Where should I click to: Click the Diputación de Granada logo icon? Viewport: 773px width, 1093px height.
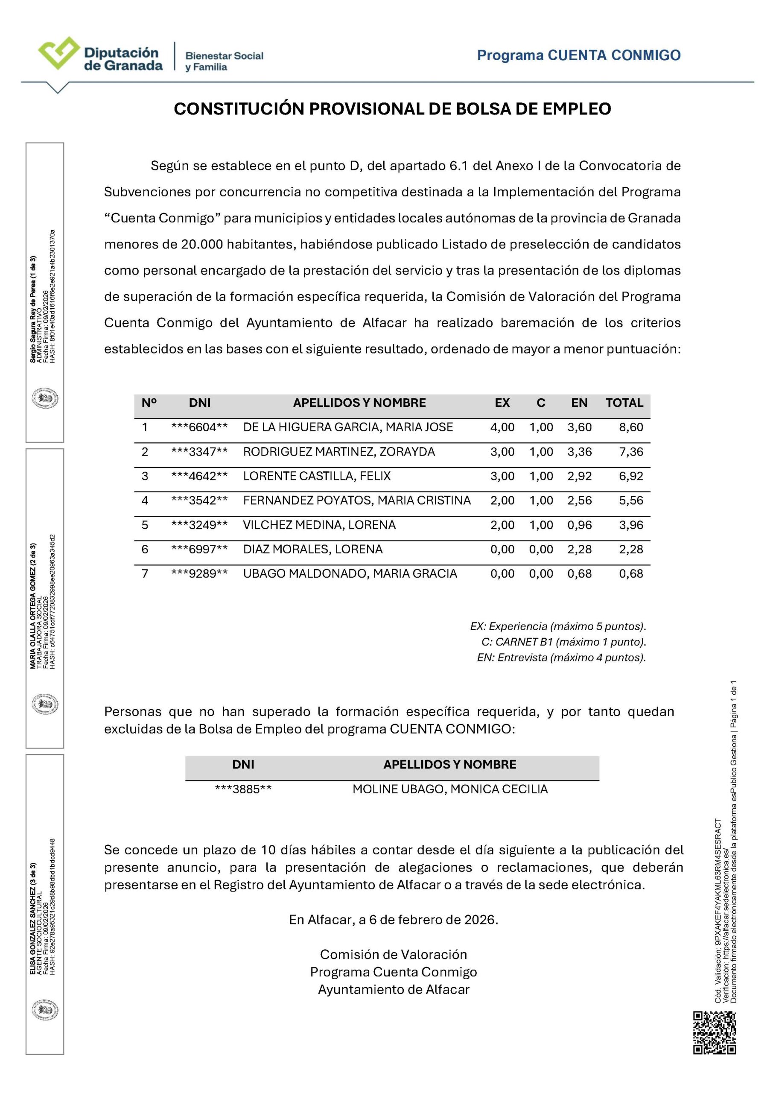[58, 53]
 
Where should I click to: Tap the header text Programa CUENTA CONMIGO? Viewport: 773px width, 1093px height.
[578, 55]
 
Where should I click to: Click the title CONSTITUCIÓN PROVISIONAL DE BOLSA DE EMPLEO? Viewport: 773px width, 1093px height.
[392, 109]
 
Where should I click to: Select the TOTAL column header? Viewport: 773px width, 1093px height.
[624, 403]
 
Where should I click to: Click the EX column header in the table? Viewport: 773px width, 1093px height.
[502, 403]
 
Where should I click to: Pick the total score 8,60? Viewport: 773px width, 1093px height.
[631, 427]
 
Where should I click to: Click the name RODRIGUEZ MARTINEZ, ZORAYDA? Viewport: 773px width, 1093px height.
[339, 452]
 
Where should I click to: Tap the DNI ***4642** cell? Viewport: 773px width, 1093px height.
[199, 476]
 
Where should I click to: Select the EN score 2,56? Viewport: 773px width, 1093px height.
[579, 500]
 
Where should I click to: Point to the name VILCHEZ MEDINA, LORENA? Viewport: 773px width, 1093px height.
[319, 525]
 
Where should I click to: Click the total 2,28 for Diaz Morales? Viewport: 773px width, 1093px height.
[631, 549]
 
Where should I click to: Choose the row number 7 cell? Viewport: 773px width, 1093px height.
[145, 574]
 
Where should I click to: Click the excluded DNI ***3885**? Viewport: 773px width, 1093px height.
[243, 789]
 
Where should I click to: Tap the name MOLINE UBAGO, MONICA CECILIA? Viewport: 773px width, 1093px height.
[450, 789]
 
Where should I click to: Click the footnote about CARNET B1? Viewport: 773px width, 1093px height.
[563, 642]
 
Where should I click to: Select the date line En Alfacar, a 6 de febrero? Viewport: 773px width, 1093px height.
[393, 919]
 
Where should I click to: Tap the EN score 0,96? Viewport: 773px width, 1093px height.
[579, 525]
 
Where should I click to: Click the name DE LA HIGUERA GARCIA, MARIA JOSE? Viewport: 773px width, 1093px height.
[348, 427]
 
